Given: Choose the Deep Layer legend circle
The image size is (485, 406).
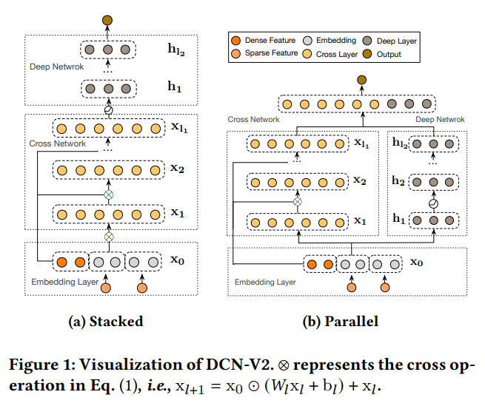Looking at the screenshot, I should pos(370,40).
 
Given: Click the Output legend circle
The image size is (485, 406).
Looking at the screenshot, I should pos(370,54).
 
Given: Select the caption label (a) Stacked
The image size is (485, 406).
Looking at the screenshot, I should pos(105,322).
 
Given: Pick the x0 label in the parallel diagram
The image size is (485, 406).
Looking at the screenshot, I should pos(417,263).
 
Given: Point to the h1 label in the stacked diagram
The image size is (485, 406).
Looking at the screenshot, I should pos(174,87).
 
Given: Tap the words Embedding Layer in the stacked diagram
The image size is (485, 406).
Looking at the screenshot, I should pos(60,282).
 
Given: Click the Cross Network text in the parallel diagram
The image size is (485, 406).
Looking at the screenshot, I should pos(253,119).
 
